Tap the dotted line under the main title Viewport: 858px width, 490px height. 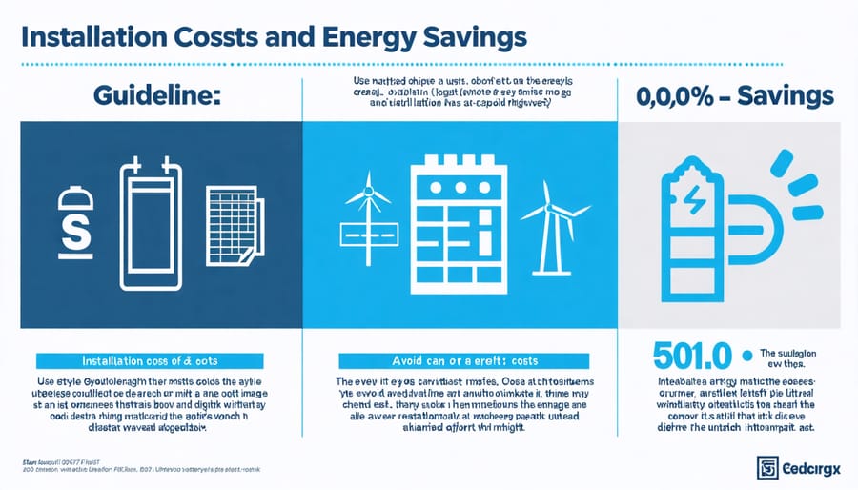pos(429,66)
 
